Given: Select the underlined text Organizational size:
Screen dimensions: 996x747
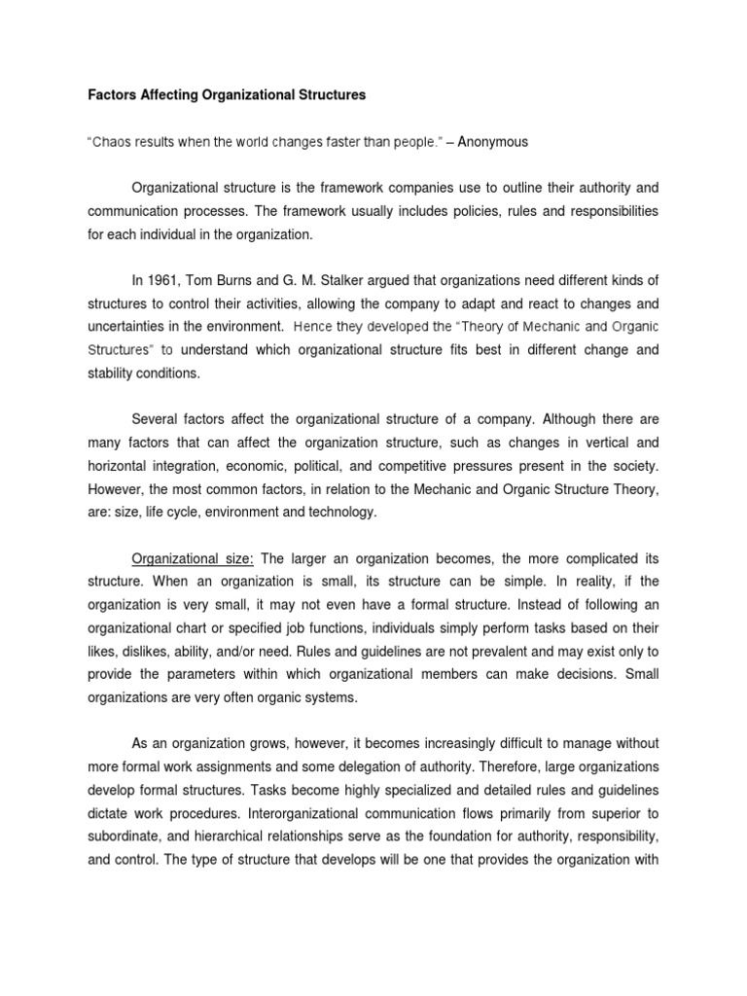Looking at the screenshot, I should (x=193, y=559).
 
